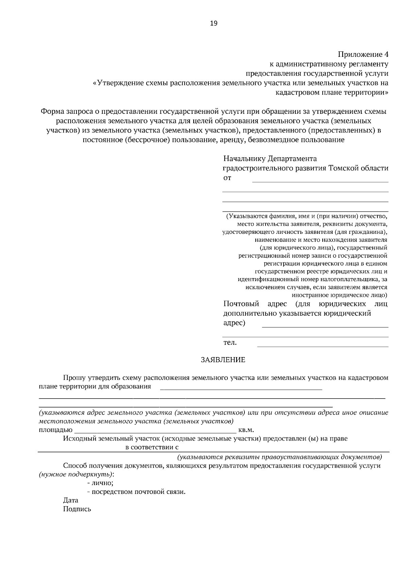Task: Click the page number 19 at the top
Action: (x=214, y=23)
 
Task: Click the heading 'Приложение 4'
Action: (x=363, y=54)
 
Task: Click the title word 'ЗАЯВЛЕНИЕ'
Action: (x=223, y=360)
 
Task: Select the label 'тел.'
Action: (x=230, y=343)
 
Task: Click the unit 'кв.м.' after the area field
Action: (x=247, y=430)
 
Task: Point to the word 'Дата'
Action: (x=70, y=500)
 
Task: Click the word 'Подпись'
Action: (x=77, y=510)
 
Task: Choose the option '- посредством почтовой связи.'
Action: (x=136, y=492)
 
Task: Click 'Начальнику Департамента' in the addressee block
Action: (x=270, y=159)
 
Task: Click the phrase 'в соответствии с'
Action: (x=152, y=447)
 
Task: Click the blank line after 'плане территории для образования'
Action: (x=241, y=388)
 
